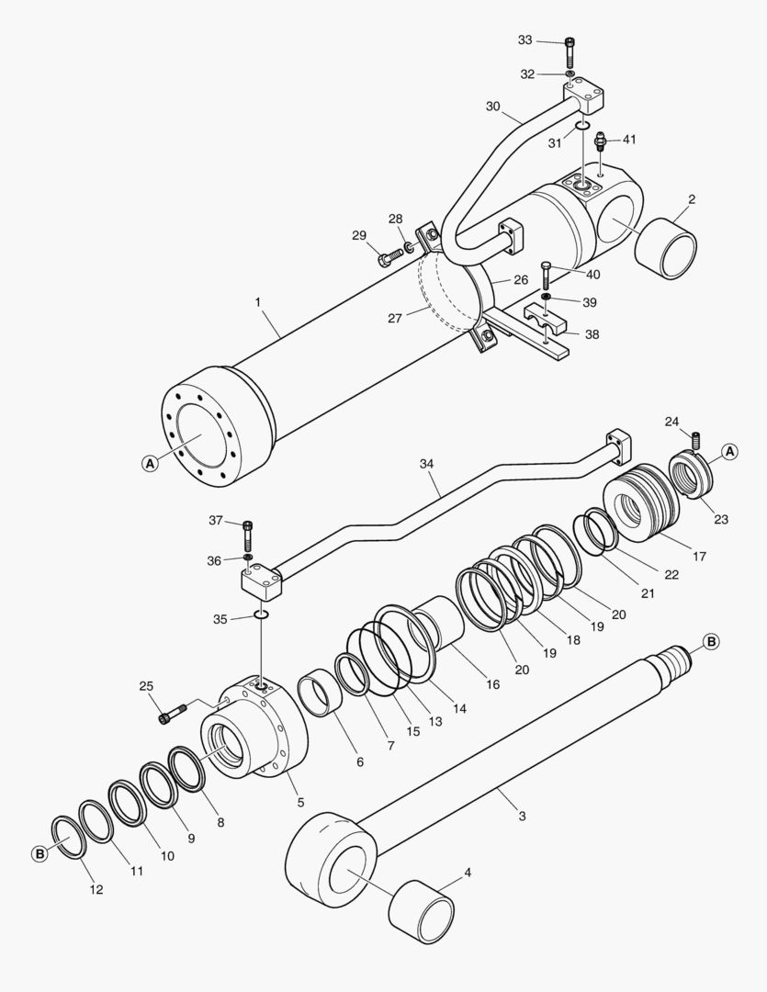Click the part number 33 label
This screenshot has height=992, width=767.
[524, 40]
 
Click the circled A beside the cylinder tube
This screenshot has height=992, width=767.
[150, 464]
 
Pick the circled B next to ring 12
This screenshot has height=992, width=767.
[39, 854]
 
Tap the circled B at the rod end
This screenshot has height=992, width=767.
[710, 641]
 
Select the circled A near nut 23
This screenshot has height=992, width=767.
[728, 451]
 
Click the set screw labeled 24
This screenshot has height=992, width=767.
[696, 440]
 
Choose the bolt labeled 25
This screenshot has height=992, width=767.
[174, 714]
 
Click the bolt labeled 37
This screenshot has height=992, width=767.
[247, 535]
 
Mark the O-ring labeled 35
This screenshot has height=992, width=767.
[261, 614]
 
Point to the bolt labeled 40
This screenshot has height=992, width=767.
[546, 274]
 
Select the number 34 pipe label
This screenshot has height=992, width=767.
[425, 465]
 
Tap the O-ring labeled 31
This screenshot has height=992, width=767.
[582, 127]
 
